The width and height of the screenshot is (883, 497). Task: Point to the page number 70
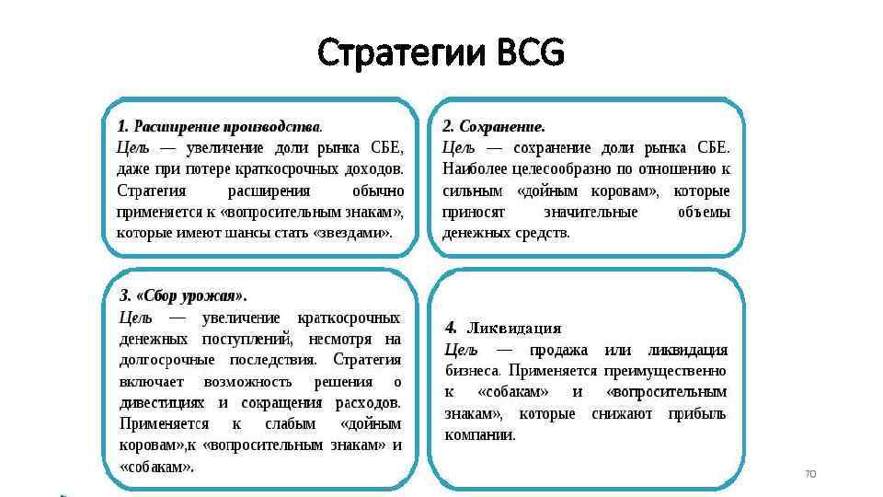coord(810,474)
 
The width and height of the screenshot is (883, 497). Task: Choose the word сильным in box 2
coord(473,191)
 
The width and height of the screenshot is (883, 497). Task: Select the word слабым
coord(290,424)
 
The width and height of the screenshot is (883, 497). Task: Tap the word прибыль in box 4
coord(696,413)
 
